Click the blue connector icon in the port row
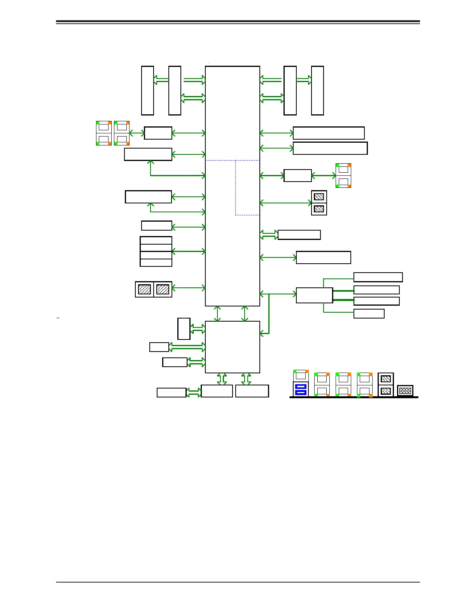(x=301, y=389)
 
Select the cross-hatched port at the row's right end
(x=405, y=391)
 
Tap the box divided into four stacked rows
(x=156, y=252)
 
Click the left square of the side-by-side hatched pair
(x=144, y=289)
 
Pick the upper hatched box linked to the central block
(x=319, y=197)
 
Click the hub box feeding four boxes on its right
(x=314, y=295)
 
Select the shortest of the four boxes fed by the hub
(x=369, y=313)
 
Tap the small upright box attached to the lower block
(x=184, y=329)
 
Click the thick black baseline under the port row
(x=354, y=397)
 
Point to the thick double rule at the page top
(x=238, y=22)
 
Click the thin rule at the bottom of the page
(x=238, y=582)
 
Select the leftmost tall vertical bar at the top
(x=147, y=91)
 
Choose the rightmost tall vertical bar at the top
(x=317, y=91)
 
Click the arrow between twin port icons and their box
(x=136, y=133)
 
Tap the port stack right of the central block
(x=343, y=175)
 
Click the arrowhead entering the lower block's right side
(x=262, y=333)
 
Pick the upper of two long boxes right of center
(x=329, y=133)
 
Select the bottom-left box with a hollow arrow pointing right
(x=171, y=392)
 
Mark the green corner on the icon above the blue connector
(x=295, y=371)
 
